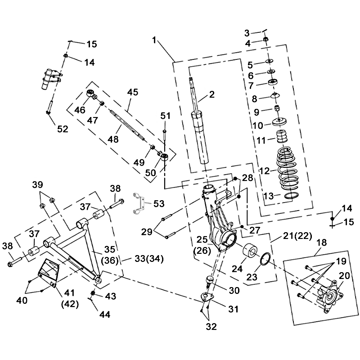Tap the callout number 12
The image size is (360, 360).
265,171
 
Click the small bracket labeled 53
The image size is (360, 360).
139,203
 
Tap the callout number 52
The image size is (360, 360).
62,129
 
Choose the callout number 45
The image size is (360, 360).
132,92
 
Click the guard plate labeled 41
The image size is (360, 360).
49,273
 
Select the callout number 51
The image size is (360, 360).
166,116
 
